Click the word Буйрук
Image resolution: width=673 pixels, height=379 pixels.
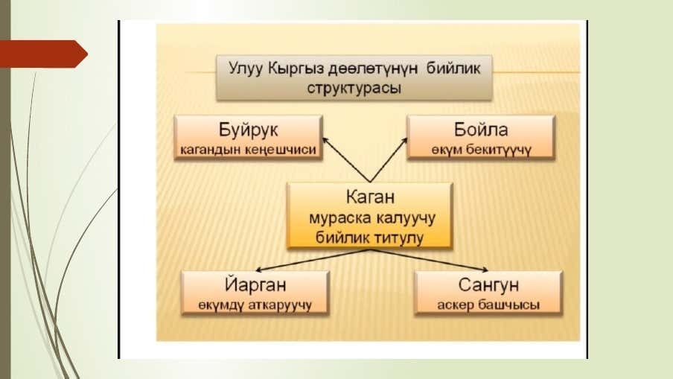tap(249, 130)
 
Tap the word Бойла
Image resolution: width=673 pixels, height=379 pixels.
tap(481, 130)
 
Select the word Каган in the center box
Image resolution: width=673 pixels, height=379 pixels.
tap(370, 197)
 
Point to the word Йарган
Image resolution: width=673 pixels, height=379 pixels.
tap(255, 284)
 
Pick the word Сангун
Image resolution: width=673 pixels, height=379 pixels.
tap(488, 284)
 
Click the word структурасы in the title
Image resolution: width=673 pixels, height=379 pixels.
tap(354, 88)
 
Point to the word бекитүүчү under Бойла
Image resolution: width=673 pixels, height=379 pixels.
tap(498, 150)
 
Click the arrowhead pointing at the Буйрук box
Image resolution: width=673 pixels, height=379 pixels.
tap(325, 140)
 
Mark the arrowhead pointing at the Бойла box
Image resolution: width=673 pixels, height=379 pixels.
tap(404, 141)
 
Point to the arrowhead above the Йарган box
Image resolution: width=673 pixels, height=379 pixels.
tap(259, 270)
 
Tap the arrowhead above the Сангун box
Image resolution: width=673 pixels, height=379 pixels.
tap(485, 270)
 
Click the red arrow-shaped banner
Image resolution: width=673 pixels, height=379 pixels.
tap(44, 54)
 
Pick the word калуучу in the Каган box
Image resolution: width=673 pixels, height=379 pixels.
tap(406, 218)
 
